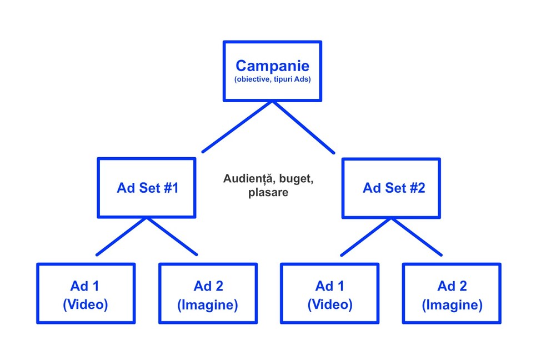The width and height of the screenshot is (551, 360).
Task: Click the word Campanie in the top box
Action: point(272,66)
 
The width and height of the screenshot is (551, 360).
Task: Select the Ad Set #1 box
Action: point(147,188)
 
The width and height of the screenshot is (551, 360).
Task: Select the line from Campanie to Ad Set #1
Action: point(237,126)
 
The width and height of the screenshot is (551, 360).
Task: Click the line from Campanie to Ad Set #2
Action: point(303,127)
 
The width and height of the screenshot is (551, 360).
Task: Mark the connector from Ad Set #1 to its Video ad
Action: point(122,236)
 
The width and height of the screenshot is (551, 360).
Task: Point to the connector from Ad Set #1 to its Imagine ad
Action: point(172,236)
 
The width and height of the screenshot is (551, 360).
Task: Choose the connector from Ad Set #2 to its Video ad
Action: point(367,236)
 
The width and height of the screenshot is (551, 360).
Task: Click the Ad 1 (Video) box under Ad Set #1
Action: point(86,293)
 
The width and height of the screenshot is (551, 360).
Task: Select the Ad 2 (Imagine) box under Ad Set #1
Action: point(208,293)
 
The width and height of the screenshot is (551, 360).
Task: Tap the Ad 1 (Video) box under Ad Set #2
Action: point(329,293)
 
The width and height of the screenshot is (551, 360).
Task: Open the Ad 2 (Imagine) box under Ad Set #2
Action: point(452,293)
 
